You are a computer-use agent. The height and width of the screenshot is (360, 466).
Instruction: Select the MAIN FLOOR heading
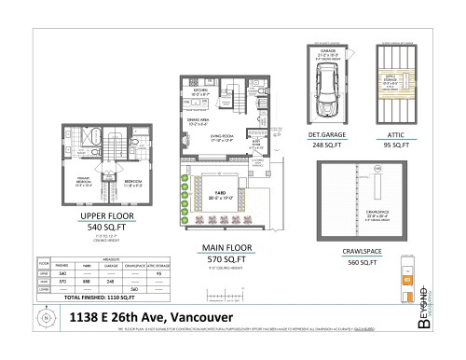click(x=224, y=247)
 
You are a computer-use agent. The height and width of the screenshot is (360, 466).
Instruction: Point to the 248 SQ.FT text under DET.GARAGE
click(x=327, y=145)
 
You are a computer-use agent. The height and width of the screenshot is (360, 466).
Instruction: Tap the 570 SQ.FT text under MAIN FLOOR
click(x=224, y=258)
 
